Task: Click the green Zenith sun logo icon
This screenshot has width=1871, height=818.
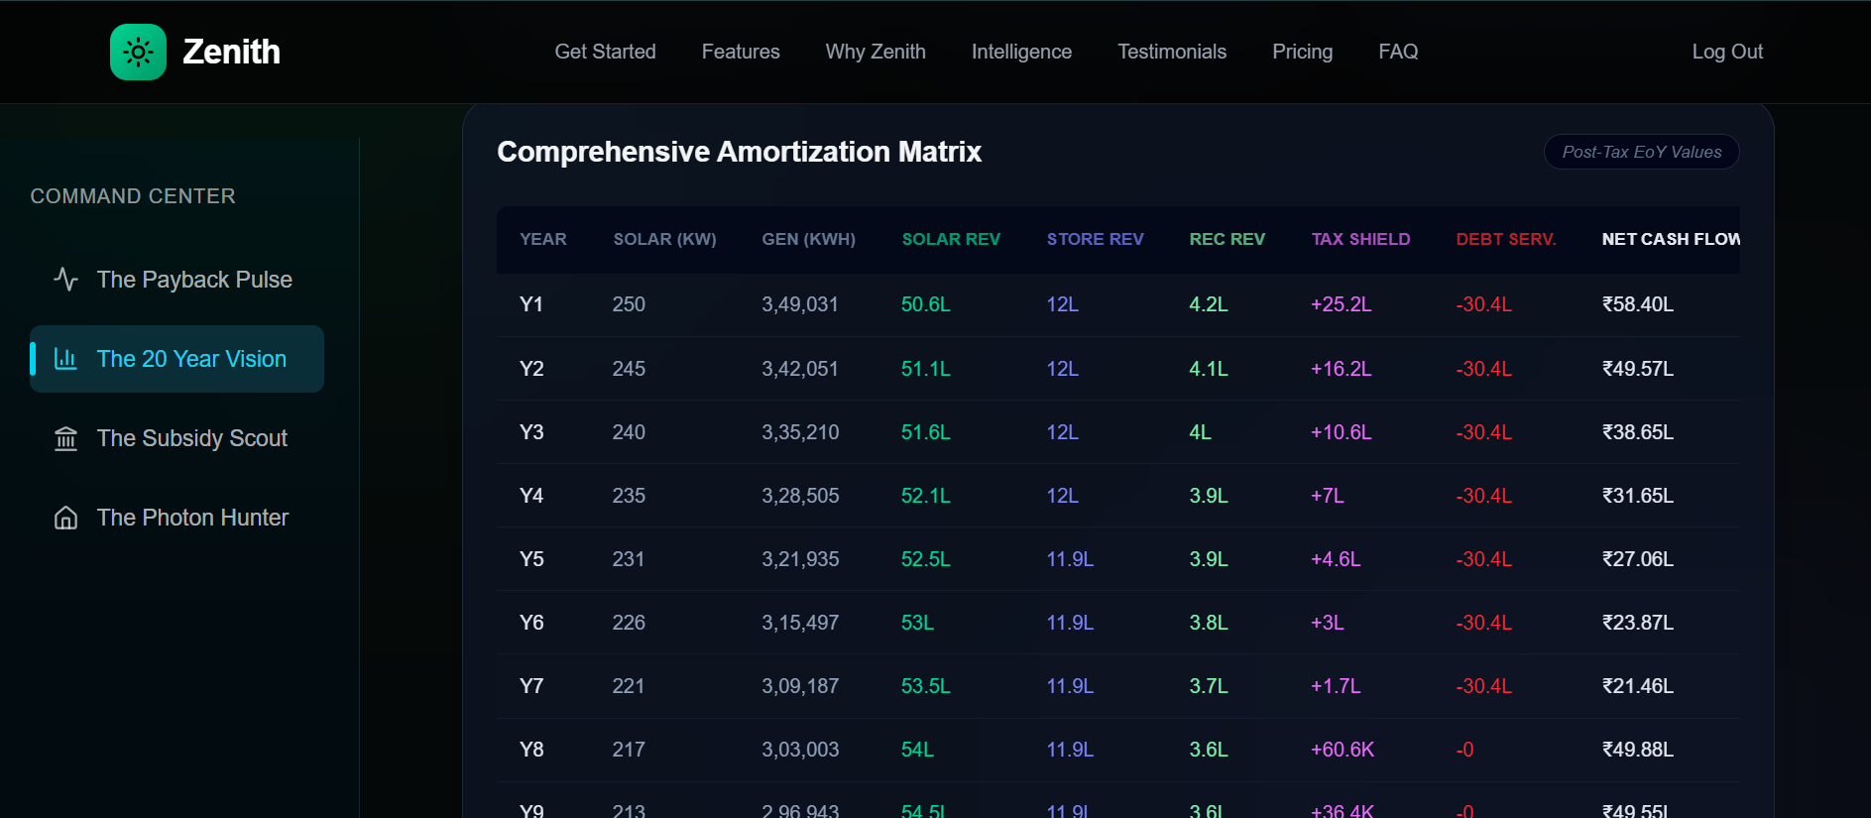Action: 138,52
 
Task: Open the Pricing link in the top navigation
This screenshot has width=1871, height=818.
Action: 1302,52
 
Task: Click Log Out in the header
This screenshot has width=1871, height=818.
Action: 1726,52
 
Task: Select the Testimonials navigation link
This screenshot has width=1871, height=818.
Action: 1171,52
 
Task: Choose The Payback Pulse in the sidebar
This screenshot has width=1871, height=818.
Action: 193,280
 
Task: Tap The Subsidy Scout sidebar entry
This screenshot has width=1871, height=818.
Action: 191,438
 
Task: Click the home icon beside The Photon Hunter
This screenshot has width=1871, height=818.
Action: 65,518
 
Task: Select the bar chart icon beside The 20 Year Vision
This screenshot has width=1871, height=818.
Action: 65,359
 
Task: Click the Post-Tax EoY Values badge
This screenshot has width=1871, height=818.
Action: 1641,152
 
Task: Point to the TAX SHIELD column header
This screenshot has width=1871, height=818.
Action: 1359,239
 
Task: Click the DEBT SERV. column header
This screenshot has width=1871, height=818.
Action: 1505,239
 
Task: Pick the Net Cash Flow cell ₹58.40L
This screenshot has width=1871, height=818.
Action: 1637,304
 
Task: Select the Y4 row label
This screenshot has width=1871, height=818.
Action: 531,496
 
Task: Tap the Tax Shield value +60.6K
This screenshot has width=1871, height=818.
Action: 1342,750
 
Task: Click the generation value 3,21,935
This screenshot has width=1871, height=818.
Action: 799,559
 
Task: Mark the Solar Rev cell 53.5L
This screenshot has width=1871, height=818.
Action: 925,686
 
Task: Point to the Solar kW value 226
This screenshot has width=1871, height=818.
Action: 629,623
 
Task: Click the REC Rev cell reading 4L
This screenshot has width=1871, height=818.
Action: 1200,432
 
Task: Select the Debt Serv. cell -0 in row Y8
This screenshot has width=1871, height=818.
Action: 1464,750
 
